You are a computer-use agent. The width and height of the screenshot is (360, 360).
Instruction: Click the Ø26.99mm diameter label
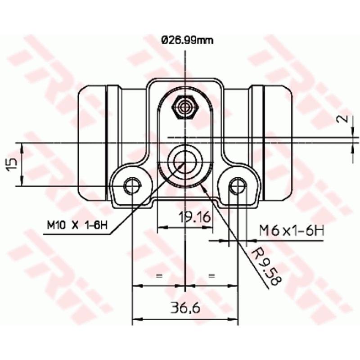186,41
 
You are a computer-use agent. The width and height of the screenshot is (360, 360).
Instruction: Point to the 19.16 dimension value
194,217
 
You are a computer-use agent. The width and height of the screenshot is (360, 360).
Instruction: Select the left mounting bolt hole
132,185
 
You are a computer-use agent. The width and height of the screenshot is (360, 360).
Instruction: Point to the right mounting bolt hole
237,185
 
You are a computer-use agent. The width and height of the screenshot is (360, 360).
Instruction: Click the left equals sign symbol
158,274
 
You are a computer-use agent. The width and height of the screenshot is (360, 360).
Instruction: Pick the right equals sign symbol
212,274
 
